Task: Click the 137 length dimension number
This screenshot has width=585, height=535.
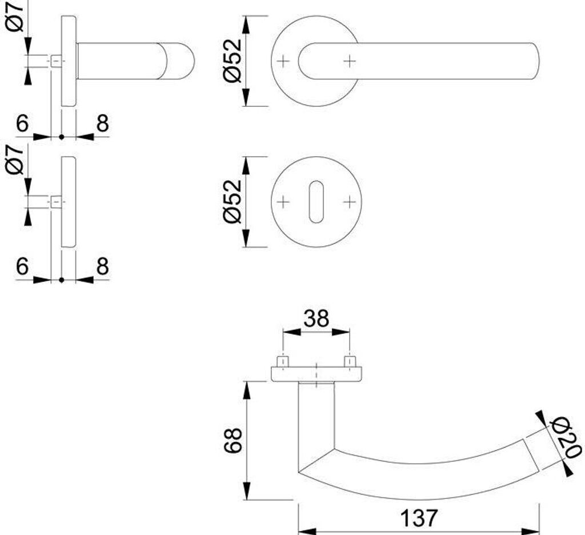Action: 419,518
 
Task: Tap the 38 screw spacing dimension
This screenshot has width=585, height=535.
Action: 316,318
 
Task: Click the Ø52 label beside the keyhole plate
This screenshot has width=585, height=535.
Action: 234,202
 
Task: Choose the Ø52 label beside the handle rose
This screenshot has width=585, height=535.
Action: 234,61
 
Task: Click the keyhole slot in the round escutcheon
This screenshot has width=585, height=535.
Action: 316,202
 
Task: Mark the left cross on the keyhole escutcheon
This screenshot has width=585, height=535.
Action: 283,202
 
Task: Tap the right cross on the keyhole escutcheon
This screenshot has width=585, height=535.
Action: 349,202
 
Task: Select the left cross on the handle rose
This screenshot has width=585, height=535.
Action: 283,61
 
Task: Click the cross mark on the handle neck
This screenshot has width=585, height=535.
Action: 349,61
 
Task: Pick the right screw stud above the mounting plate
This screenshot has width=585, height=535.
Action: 349,362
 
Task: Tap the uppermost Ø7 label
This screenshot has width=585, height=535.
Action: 15,16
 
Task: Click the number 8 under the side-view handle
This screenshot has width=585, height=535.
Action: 102,123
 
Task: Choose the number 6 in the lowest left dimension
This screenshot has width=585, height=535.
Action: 22,266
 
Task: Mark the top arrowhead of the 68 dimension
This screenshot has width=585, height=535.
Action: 246,389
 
